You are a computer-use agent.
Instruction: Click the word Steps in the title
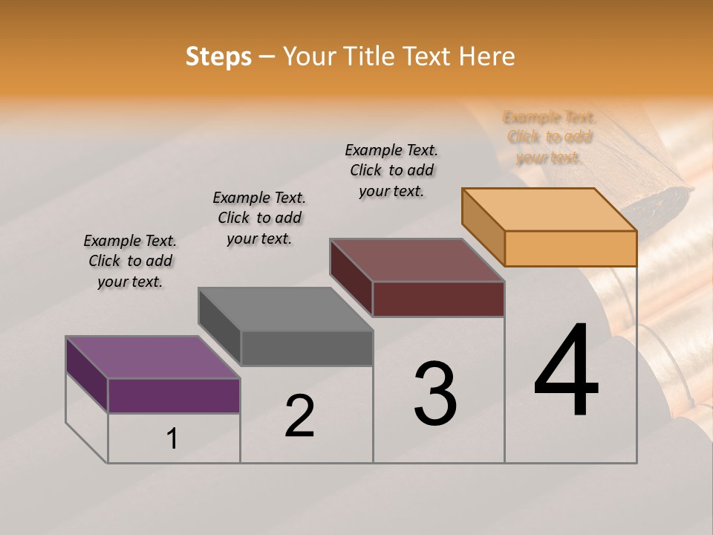pos(218,56)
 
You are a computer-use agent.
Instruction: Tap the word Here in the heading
pos(486,56)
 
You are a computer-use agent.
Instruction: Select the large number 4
pos(566,372)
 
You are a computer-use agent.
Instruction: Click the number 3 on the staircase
pos(435,394)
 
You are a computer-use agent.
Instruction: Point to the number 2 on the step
pos(299,416)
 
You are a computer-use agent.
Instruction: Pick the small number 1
pos(172,439)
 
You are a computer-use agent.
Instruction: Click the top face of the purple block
pos(153,357)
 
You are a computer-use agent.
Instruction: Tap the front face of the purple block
pos(174,395)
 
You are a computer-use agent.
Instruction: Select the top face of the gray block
pos(285,309)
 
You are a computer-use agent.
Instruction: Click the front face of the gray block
pos(306,348)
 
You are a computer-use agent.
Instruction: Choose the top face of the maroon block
pos(417,260)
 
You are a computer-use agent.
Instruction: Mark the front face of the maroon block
pos(438,299)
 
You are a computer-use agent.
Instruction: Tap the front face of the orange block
pos(570,248)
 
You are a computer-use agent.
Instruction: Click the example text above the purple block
pos(130,261)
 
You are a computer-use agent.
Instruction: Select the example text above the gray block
pos(259,218)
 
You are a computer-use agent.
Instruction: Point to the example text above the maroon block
pos(391,170)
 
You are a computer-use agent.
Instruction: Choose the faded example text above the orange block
pos(549,137)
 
